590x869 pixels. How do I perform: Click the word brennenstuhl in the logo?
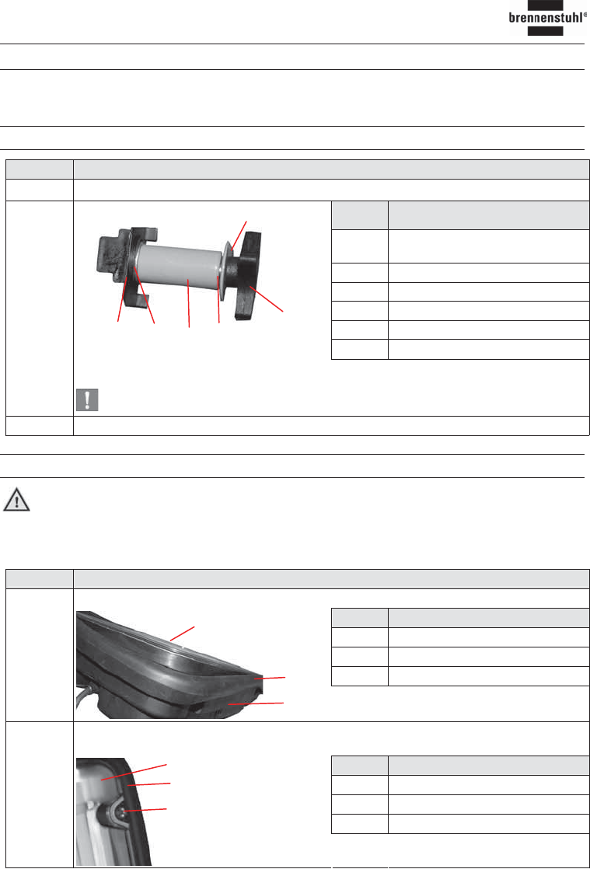(546, 18)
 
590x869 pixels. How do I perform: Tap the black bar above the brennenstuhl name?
(545, 5)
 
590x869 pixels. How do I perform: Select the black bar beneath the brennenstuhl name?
(545, 31)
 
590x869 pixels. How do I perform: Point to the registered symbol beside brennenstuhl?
(585, 15)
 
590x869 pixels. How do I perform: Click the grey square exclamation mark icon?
(87, 400)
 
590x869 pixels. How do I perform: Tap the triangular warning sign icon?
(16, 500)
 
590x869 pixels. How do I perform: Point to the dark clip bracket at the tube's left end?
(124, 265)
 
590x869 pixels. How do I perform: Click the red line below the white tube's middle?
(189, 303)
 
